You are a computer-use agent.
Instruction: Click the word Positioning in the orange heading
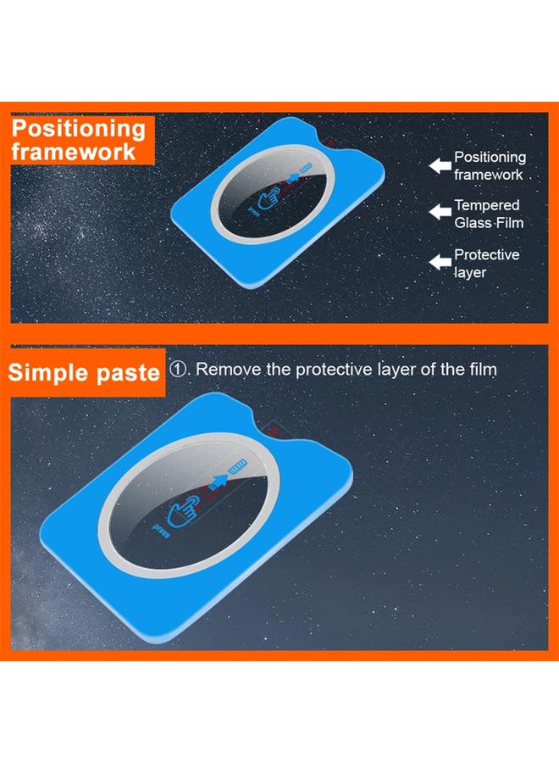(x=79, y=129)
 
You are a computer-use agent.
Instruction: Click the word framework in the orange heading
(x=74, y=152)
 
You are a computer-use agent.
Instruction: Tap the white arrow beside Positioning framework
(x=440, y=165)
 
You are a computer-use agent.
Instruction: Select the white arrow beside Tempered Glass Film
(x=440, y=212)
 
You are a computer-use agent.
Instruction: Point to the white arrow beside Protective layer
(x=440, y=262)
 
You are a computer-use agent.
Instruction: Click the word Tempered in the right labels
(x=487, y=205)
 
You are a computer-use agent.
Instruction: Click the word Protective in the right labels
(x=487, y=254)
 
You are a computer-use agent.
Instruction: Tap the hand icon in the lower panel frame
(x=183, y=510)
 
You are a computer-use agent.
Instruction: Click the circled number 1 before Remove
(x=178, y=370)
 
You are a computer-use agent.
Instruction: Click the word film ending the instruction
(x=482, y=370)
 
